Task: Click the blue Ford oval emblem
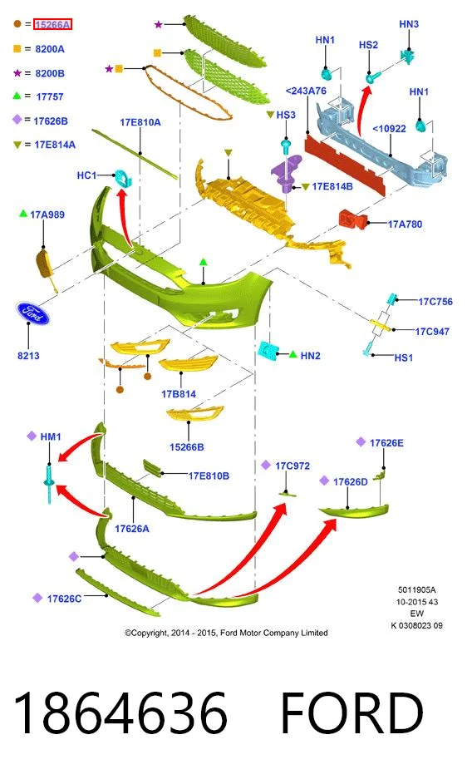click(x=32, y=313)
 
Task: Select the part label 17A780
click(x=405, y=224)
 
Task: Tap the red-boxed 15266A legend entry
click(x=52, y=24)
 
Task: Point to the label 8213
click(x=28, y=356)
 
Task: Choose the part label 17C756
click(x=435, y=302)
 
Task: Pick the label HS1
click(x=404, y=357)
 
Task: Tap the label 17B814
click(x=179, y=394)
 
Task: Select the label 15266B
click(x=187, y=447)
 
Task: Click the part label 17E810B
click(x=209, y=476)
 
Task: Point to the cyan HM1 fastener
click(x=49, y=483)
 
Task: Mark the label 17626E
click(x=386, y=442)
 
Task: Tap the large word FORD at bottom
click(x=352, y=712)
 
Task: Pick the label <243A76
click(x=306, y=91)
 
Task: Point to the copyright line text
click(x=226, y=633)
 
